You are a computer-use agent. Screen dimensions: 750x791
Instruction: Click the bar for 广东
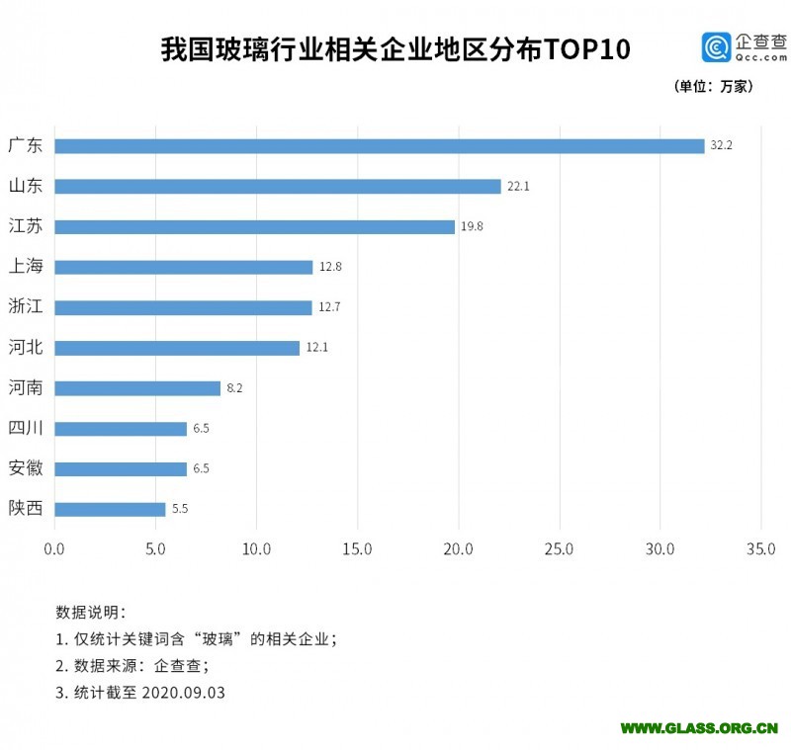click(x=379, y=146)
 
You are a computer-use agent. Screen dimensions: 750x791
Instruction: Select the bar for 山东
click(x=278, y=187)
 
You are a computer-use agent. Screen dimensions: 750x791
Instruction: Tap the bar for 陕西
click(x=110, y=509)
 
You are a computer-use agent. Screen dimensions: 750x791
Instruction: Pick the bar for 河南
click(x=137, y=388)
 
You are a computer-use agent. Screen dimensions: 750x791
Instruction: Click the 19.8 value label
click(x=471, y=226)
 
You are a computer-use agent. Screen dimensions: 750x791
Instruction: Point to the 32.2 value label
click(x=721, y=146)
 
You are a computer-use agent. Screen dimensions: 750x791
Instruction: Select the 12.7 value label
click(x=329, y=307)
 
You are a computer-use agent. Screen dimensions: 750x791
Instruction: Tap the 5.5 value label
click(x=180, y=509)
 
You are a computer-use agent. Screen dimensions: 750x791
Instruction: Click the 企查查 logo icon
click(x=716, y=47)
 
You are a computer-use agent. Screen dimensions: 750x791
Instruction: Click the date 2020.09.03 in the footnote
click(x=183, y=693)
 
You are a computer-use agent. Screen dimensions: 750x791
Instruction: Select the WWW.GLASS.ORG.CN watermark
click(x=699, y=728)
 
